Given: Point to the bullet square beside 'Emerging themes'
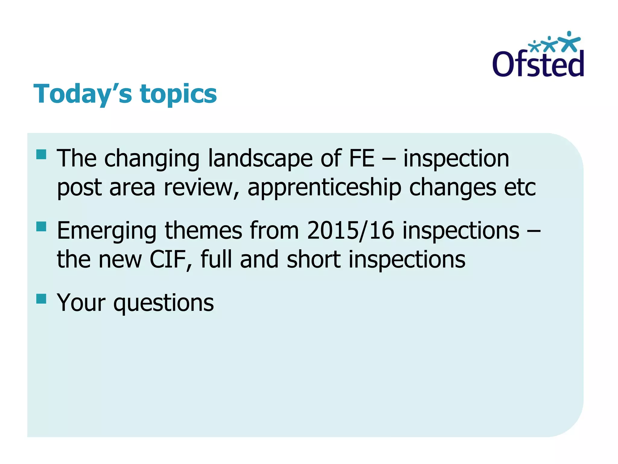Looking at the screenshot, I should point(41,226).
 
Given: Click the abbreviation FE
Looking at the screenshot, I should point(362,158).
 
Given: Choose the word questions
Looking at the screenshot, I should point(164,303).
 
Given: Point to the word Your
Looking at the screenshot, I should point(81,303).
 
